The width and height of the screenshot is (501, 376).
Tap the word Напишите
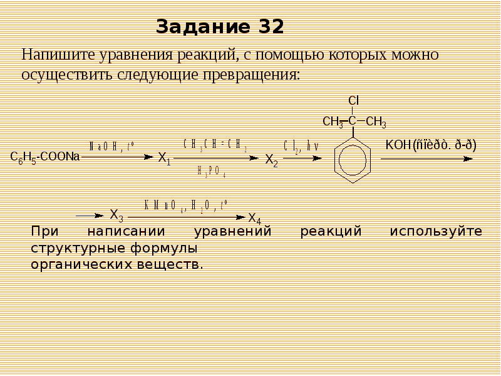(53, 55)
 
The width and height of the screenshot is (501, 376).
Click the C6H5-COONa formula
(45, 157)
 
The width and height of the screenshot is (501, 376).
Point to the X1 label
(164, 158)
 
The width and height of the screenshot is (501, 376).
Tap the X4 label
(254, 218)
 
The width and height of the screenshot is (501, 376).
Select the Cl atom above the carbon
(353, 101)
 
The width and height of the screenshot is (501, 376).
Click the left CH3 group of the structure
(333, 122)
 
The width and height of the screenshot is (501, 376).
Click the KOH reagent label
(396, 145)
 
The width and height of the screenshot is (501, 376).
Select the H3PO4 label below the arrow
(211, 170)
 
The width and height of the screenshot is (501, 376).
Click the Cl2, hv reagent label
(301, 146)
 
